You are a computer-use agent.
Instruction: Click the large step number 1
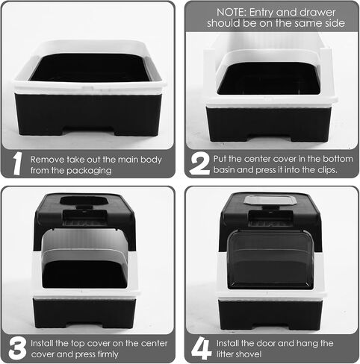coord(17,163)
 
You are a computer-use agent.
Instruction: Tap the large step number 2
coord(199,163)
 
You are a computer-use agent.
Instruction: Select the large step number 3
coord(17,348)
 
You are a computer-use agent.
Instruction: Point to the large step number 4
coord(202,348)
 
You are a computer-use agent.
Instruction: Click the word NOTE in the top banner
coord(231,13)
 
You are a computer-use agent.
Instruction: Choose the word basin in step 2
coord(224,170)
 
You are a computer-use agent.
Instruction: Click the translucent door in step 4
coord(270,260)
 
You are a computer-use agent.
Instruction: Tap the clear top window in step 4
coord(270,200)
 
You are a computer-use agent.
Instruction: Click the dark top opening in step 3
coord(82,201)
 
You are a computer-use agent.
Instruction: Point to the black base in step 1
coord(87,114)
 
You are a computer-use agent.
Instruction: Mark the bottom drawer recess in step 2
coord(270,138)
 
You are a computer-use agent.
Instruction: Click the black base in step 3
coord(84,313)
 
